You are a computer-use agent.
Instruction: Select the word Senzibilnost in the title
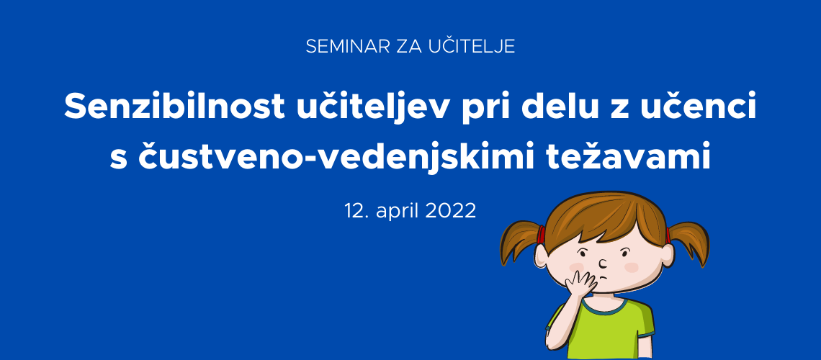(x=174, y=107)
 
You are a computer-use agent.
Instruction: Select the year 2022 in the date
(x=450, y=210)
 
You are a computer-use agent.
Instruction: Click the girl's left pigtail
(x=519, y=242)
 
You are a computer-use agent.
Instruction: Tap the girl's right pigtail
(x=690, y=242)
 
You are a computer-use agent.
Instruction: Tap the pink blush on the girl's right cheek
(x=632, y=267)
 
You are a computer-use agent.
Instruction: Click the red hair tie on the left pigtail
(x=541, y=235)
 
